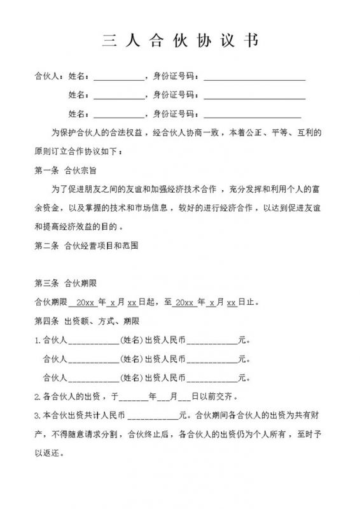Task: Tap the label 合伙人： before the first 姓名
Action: pos(49,78)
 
